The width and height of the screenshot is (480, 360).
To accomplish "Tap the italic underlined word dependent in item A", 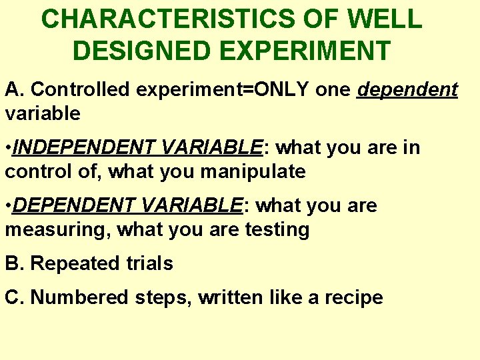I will click(407, 89).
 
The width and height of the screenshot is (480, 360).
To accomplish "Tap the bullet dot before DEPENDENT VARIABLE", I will click(8, 205).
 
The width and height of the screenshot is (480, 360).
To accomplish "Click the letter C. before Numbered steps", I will click(14, 297).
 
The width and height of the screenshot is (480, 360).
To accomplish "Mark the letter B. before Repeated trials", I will click(14, 263).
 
